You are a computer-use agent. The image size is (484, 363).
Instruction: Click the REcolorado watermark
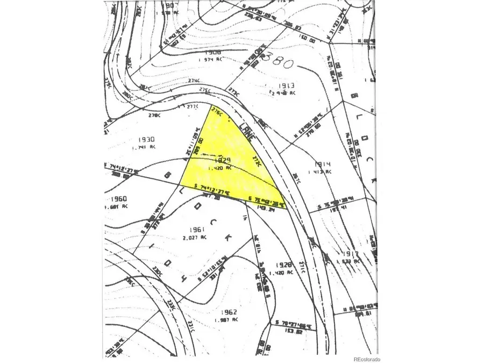coord(366,359)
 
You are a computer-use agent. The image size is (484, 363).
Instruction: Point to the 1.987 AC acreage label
coord(225,320)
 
